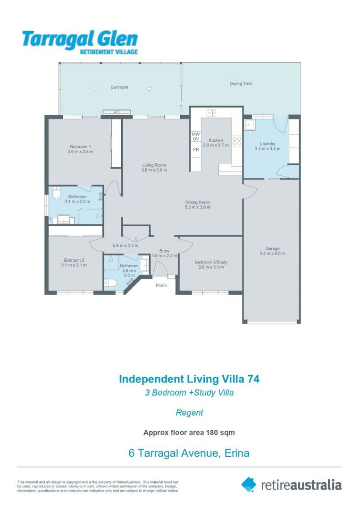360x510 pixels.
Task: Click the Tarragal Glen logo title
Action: click(x=80, y=39)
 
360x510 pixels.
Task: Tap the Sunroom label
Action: click(x=119, y=87)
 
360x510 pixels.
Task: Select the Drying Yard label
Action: click(x=241, y=84)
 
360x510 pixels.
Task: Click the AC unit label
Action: click(x=117, y=112)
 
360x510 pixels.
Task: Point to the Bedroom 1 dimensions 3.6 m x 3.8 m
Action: click(x=80, y=152)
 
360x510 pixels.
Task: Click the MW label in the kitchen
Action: click(x=196, y=134)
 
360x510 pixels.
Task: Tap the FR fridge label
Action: click(x=196, y=150)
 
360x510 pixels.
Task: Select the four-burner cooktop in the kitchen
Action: click(x=237, y=141)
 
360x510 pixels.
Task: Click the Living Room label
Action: click(x=154, y=165)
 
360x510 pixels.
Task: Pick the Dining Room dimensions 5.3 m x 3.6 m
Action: click(x=198, y=207)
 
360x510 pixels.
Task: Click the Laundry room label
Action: click(x=268, y=144)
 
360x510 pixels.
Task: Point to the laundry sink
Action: click(x=250, y=124)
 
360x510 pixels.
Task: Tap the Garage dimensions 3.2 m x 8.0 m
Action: click(x=272, y=254)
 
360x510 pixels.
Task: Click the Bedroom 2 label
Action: click(x=74, y=260)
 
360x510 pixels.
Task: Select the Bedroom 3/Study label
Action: click(x=211, y=262)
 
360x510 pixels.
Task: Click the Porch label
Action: click(x=161, y=285)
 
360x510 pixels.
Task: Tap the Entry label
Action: click(x=164, y=251)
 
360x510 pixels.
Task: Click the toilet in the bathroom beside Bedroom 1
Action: click(x=56, y=193)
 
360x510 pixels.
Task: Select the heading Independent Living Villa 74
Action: click(x=189, y=379)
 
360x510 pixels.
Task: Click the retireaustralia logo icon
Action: click(x=249, y=484)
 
